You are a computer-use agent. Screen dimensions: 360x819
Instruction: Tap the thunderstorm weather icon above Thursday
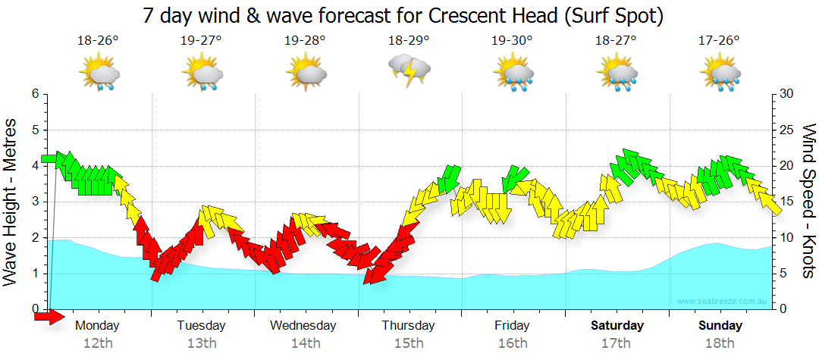(409, 71)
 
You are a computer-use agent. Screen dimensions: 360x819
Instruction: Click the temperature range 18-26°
(99, 41)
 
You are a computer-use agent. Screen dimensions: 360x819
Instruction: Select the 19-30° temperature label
(513, 41)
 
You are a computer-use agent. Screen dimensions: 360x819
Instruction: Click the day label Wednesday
(303, 326)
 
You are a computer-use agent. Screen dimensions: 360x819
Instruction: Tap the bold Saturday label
(617, 326)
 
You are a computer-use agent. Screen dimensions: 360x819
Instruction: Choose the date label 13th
(201, 343)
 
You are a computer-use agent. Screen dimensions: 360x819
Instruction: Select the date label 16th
(513, 343)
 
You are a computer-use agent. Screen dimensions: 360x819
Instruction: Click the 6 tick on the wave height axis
(34, 94)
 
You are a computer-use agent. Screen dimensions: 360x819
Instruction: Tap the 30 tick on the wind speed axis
(786, 94)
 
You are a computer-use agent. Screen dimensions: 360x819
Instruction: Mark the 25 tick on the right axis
(786, 130)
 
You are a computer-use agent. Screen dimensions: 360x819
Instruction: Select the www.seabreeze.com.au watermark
(723, 302)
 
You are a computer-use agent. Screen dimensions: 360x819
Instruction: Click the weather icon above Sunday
(720, 74)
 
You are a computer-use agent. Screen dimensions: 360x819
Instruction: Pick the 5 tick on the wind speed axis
(783, 274)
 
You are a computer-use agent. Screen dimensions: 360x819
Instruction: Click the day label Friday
(513, 326)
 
